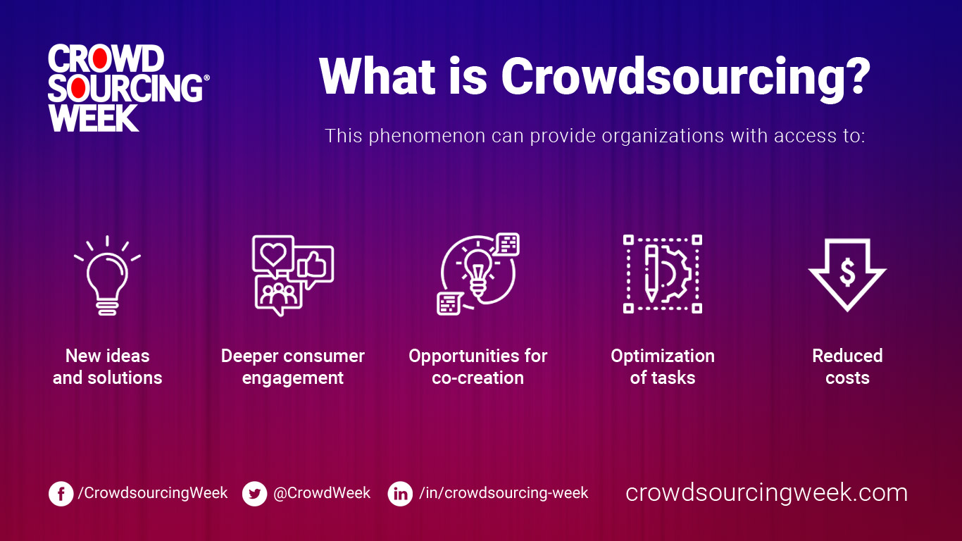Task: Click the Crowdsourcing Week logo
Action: (127, 89)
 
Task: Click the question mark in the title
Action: (854, 76)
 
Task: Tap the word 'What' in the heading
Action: (374, 76)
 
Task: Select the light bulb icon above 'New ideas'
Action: (107, 275)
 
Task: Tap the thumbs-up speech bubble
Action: (313, 265)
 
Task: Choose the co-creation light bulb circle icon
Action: (477, 273)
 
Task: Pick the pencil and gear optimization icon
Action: (663, 274)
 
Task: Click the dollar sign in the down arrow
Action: (847, 270)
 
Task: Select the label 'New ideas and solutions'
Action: (107, 367)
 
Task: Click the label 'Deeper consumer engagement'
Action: (293, 367)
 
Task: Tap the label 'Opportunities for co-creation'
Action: (477, 367)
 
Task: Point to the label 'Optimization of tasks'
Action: (663, 367)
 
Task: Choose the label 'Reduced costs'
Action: (847, 367)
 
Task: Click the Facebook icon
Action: (61, 494)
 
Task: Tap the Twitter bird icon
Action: (255, 494)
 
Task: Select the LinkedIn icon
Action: (400, 494)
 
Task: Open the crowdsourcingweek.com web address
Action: (766, 492)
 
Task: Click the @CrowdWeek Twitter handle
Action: (322, 493)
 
